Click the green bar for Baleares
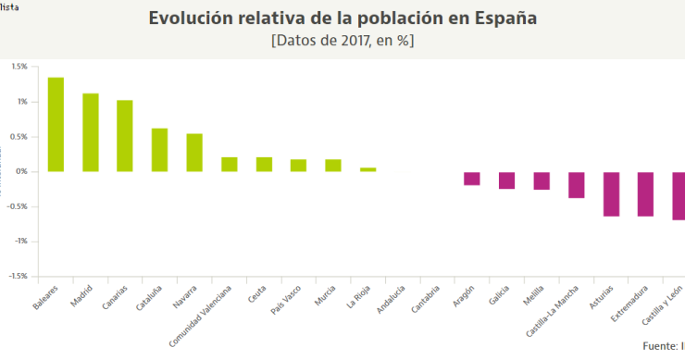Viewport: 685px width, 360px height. tap(56, 124)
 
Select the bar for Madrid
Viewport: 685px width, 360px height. tap(90, 132)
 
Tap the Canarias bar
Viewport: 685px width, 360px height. tap(125, 136)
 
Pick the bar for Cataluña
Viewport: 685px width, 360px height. tap(159, 150)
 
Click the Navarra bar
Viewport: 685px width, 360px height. tap(194, 153)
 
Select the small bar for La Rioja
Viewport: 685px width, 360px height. tap(367, 169)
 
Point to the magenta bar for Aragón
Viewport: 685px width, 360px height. tap(472, 179)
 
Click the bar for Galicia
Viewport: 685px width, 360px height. tap(506, 180)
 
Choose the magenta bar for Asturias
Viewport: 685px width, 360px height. tap(611, 194)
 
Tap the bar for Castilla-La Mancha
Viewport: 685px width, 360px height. tap(576, 185)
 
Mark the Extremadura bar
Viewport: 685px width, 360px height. tap(645, 194)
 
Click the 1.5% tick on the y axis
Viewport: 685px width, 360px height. tap(19, 67)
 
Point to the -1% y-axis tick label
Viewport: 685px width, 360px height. tap(20, 241)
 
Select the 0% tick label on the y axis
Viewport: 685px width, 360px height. tap(21, 171)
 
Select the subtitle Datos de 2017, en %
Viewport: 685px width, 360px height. tap(342, 42)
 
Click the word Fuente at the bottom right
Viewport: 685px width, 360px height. tap(659, 346)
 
